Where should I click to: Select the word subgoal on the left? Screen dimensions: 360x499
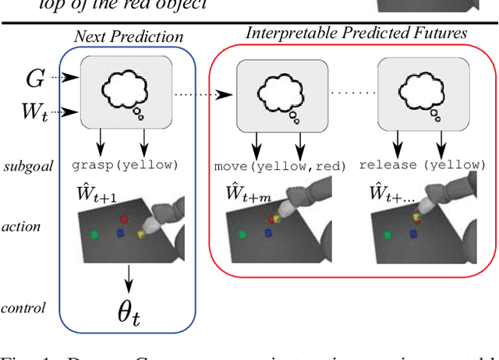pyautogui.click(x=27, y=166)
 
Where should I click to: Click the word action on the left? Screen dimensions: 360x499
pyautogui.click(x=22, y=228)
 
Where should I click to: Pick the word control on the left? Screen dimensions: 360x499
pyautogui.click(x=24, y=307)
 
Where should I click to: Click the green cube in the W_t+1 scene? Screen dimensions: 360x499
pyautogui.click(x=94, y=234)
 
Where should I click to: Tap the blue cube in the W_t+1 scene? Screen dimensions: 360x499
pyautogui.click(x=120, y=232)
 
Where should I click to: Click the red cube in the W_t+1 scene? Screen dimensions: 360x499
pyautogui.click(x=125, y=219)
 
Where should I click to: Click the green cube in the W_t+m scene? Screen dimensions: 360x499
pyautogui.click(x=242, y=234)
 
